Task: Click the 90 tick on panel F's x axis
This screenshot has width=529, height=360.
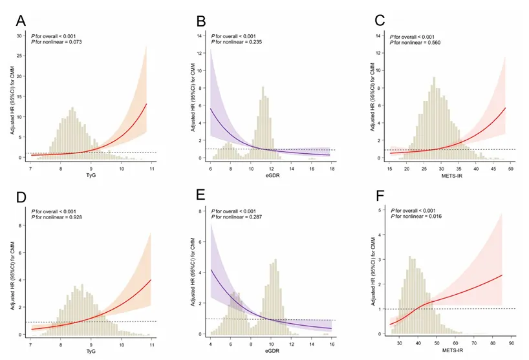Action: click(x=510, y=338)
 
